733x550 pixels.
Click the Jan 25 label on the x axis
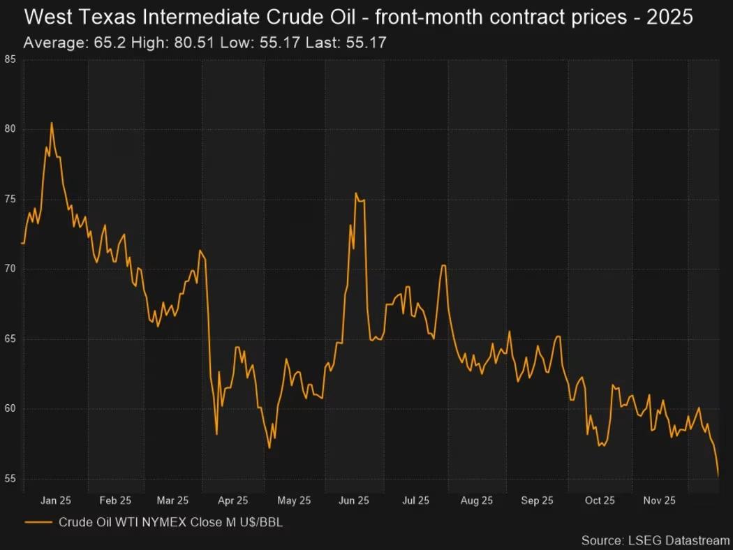(56, 500)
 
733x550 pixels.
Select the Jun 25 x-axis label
(353, 500)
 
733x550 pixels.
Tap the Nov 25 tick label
(659, 500)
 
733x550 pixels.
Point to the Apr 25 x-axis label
(232, 500)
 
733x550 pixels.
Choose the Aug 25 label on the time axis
(477, 500)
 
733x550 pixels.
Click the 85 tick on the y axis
(10, 59)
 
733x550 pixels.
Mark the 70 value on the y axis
(10, 269)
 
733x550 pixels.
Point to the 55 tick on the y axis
(10, 479)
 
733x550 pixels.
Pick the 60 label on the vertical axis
(10, 409)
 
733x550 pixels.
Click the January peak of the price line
(52, 123)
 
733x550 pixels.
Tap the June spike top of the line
(356, 193)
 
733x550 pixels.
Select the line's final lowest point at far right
(718, 476)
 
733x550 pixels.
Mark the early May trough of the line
(269, 447)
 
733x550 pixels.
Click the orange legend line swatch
(38, 521)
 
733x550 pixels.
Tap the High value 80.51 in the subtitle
(194, 43)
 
